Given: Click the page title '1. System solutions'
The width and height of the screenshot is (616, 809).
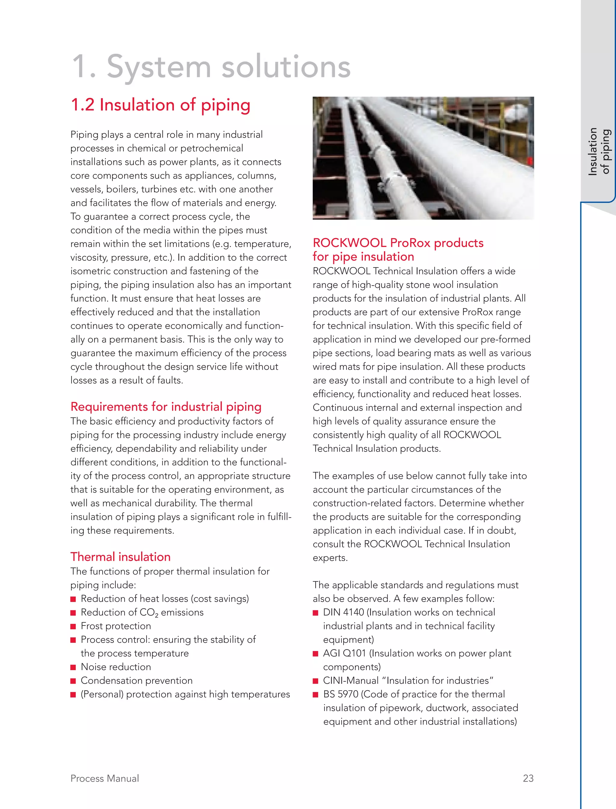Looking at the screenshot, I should (x=211, y=67).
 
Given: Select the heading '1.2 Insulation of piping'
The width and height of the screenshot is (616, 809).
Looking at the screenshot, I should (x=160, y=105).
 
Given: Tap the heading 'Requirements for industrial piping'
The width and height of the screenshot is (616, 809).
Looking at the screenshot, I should (x=166, y=407).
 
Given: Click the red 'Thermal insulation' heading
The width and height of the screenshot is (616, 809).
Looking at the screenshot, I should (x=120, y=557).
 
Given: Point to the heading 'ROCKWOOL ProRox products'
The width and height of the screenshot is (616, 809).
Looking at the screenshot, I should (x=398, y=243).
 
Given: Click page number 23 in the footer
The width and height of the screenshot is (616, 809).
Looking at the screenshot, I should (x=528, y=778).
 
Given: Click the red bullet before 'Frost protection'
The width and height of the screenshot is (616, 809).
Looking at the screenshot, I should (x=73, y=627).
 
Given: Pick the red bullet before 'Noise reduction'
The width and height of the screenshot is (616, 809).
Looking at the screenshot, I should (x=73, y=667).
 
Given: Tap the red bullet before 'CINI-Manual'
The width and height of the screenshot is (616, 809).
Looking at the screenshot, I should (x=315, y=681).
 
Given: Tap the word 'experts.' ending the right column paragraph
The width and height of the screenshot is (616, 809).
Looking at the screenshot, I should (x=330, y=558).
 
